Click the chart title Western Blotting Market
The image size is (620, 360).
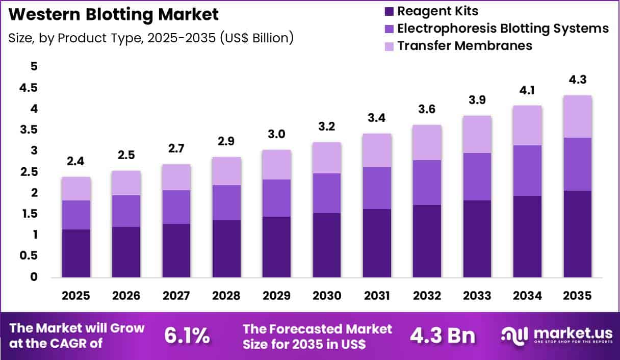tap(114, 14)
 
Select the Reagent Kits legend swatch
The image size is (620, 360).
tap(390, 11)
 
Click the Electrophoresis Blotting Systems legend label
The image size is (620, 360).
tap(503, 28)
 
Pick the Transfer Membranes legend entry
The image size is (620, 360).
tap(464, 45)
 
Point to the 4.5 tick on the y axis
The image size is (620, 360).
tap(28, 88)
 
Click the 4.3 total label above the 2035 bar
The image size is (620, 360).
tap(577, 81)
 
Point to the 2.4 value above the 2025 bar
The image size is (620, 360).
tap(76, 163)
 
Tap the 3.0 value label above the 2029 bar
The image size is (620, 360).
tap(276, 135)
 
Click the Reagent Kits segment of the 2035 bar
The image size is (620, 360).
tap(577, 234)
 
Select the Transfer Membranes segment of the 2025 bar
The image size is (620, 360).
tap(76, 189)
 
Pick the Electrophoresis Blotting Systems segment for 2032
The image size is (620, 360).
tap(427, 183)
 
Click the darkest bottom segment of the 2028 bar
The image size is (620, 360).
tap(226, 249)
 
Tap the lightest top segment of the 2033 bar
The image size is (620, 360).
tap(477, 134)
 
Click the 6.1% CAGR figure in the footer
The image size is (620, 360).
tap(187, 335)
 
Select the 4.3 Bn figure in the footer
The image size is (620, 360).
tap(443, 335)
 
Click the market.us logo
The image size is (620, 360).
tap(556, 335)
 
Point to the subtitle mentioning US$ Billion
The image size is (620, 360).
tap(151, 38)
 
